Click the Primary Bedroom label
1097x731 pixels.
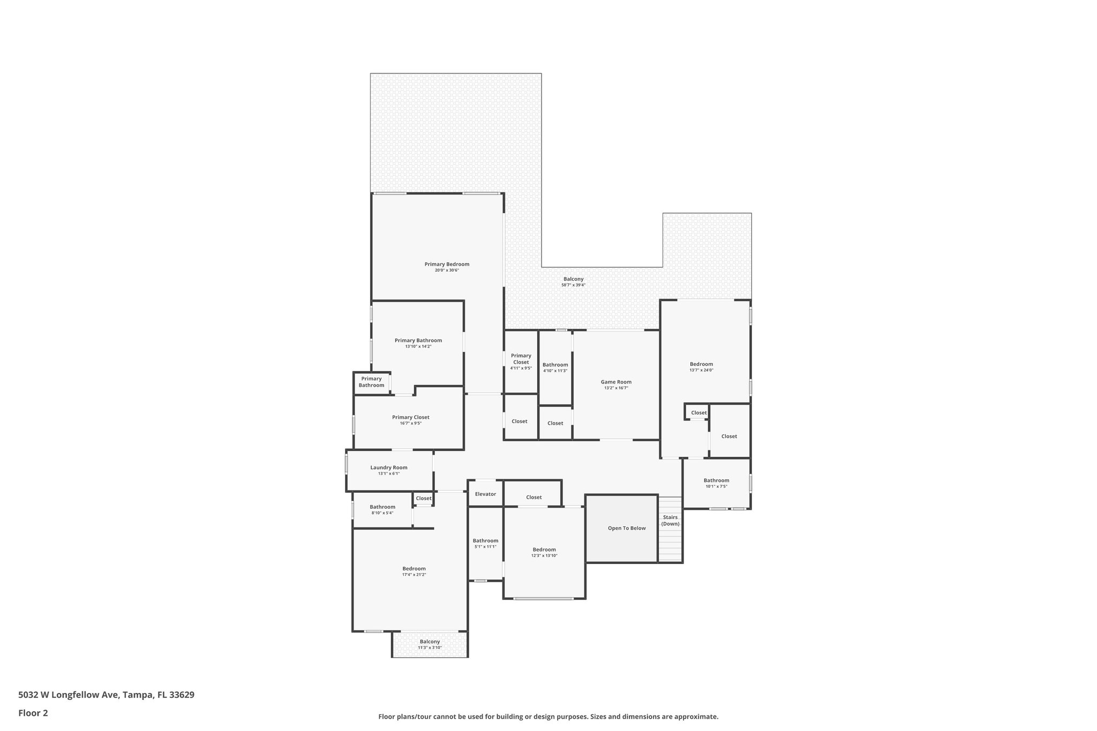coord(447,264)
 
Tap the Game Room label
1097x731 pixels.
coord(616,382)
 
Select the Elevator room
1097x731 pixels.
coord(485,494)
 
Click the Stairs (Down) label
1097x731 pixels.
coord(670,520)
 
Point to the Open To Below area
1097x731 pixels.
coord(627,528)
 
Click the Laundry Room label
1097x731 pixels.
coord(389,468)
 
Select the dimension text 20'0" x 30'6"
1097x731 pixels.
coord(447,270)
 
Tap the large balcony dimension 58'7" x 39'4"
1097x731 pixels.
coord(573,285)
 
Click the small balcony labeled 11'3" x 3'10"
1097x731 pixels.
coord(430,644)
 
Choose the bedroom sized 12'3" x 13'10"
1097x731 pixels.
coord(544,552)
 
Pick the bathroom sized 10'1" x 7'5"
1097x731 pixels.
coord(716,483)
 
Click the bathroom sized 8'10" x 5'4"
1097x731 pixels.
coord(382,509)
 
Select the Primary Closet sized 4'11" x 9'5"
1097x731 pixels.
coord(521,361)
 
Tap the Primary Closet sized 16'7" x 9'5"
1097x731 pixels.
coord(410,420)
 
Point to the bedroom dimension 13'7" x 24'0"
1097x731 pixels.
coord(701,370)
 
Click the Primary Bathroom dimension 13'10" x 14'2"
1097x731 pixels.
coord(418,346)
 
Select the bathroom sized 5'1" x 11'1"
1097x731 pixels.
coord(485,543)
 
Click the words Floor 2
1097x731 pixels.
coord(33,713)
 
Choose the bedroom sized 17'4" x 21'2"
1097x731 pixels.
coord(414,571)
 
